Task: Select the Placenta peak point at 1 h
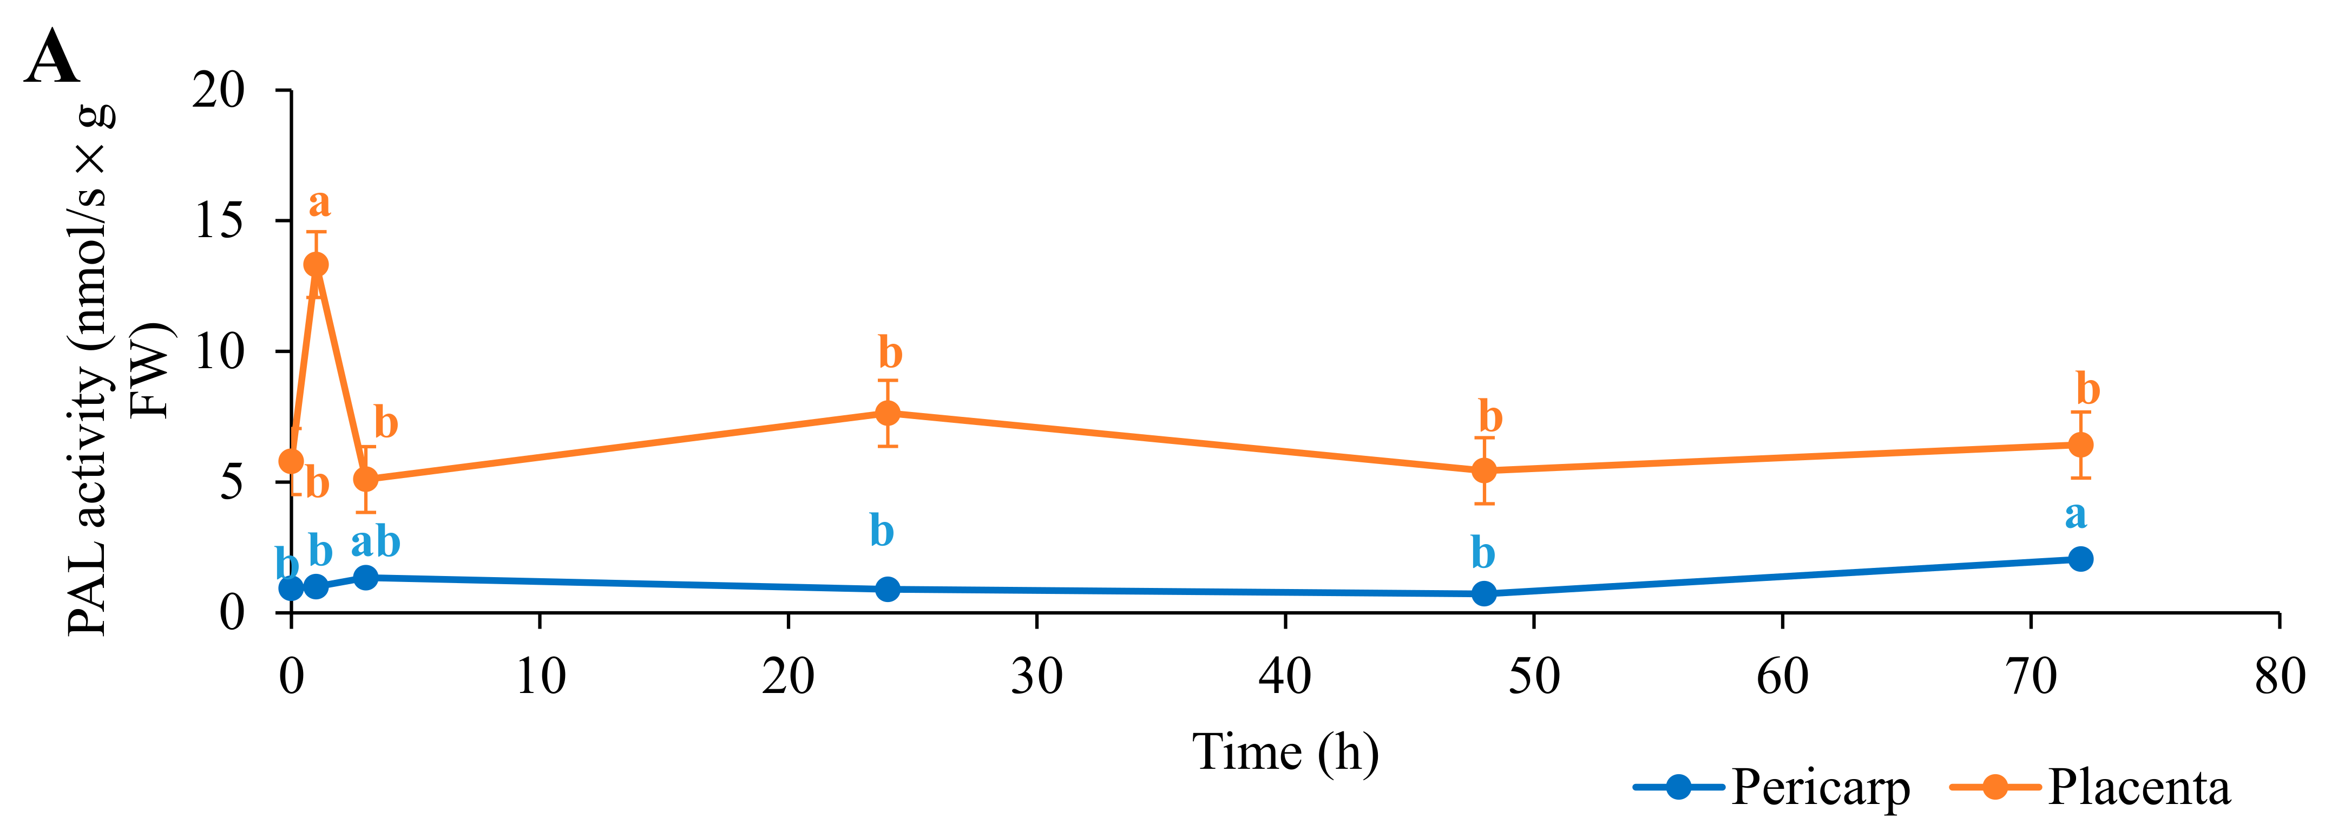[316, 265]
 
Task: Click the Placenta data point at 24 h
[888, 414]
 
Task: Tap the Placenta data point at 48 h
[1484, 470]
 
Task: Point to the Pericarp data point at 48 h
[1484, 594]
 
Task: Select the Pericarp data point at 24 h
[888, 588]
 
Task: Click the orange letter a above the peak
[319, 203]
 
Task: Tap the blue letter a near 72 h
[2076, 515]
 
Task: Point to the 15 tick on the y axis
[219, 220]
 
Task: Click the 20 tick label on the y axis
[219, 90]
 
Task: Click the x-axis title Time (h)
[1285, 751]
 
